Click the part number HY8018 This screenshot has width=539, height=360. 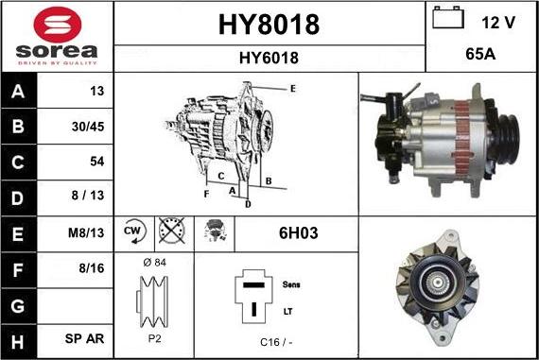[x=269, y=24]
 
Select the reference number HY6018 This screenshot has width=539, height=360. [x=269, y=59]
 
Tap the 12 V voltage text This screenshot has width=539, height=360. [x=499, y=21]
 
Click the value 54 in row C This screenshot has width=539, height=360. [x=96, y=162]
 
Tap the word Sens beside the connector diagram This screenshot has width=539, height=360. [x=291, y=283]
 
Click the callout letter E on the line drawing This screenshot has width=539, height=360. [x=293, y=89]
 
